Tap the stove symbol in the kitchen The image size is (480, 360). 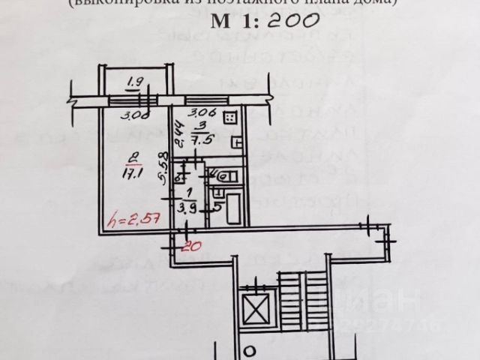(234, 118)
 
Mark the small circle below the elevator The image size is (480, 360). (251, 349)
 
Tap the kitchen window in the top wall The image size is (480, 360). (207, 100)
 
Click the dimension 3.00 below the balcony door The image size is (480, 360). (135, 115)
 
